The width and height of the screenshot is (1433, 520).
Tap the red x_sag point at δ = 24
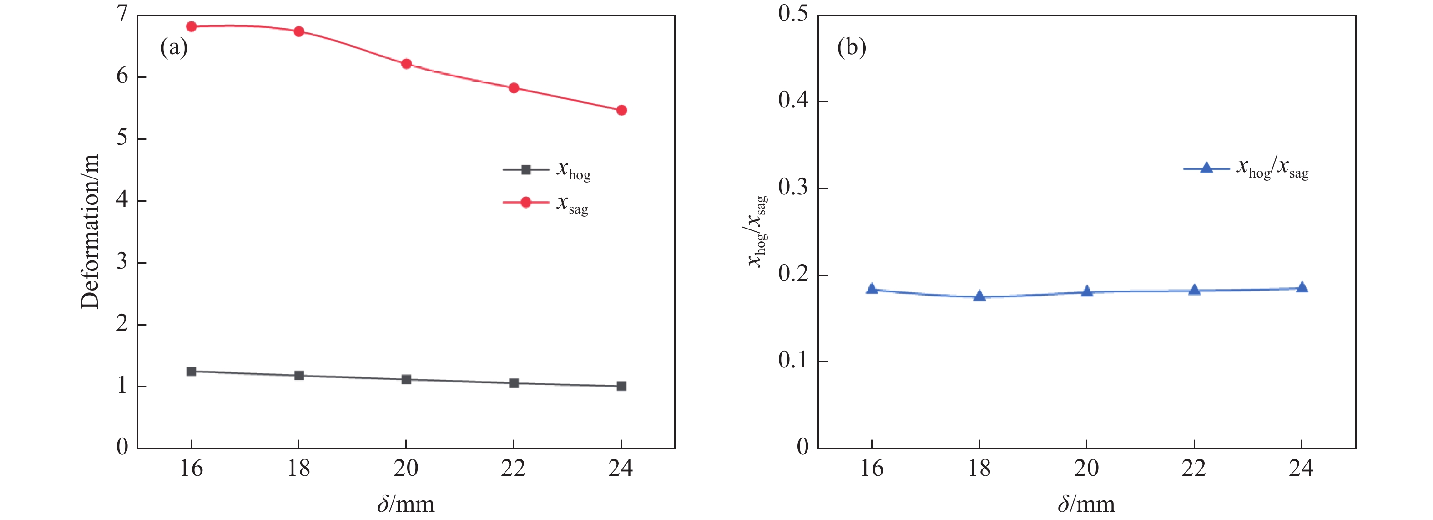click(x=621, y=110)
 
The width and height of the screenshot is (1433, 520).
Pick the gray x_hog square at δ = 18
click(x=299, y=376)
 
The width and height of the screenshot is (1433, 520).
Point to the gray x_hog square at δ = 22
click(x=514, y=383)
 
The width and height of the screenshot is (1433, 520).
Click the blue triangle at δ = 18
click(x=979, y=296)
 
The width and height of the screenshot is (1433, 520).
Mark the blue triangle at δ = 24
click(x=1302, y=288)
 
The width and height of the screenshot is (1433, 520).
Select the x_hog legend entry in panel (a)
click(x=547, y=170)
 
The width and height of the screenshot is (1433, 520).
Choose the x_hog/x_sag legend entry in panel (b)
click(x=1246, y=168)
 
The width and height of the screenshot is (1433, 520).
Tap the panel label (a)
click(x=174, y=48)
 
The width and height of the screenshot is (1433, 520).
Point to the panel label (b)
click(x=852, y=48)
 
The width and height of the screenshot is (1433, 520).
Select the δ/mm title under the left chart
click(x=405, y=505)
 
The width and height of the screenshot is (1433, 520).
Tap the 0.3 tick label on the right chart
click(x=793, y=188)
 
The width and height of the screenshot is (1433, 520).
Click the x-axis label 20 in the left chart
click(x=405, y=469)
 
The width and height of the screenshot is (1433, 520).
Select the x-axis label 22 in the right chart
click(x=1194, y=469)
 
